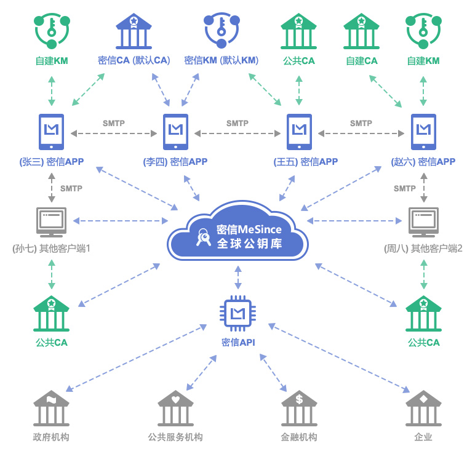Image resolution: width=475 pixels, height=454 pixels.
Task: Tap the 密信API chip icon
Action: (x=237, y=313)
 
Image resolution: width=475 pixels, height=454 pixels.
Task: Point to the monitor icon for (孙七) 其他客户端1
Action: (x=52, y=222)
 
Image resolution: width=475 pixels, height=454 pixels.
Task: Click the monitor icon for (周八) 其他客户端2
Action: (x=423, y=222)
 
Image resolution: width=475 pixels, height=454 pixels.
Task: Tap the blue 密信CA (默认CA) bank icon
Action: (x=134, y=31)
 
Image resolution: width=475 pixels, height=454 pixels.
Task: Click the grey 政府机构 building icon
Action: (x=52, y=408)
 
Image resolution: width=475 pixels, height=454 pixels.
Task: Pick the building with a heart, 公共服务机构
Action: (x=175, y=408)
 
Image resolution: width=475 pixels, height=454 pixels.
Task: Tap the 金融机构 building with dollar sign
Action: (x=300, y=408)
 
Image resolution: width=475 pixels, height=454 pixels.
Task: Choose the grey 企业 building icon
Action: (x=423, y=408)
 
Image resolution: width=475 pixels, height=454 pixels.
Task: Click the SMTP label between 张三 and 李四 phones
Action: (x=114, y=123)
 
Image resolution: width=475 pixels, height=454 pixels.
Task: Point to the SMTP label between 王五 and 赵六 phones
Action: (x=361, y=123)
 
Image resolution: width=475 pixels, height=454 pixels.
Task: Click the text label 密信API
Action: (x=237, y=343)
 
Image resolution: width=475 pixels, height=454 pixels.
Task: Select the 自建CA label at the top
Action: (x=361, y=61)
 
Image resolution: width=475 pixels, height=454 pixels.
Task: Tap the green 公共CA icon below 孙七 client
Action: (x=52, y=314)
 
